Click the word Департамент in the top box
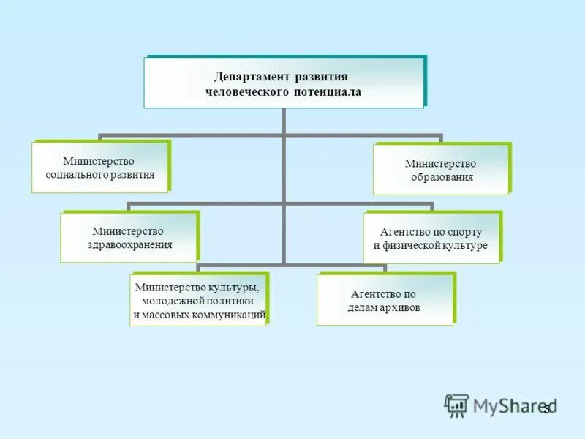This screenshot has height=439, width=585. click(251, 76)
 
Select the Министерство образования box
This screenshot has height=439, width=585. click(440, 170)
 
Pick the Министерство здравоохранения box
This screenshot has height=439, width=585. click(128, 237)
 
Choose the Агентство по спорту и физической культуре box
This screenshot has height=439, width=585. click(431, 238)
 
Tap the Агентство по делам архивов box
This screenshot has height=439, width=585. click(385, 300)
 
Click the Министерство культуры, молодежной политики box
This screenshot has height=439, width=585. click(197, 301)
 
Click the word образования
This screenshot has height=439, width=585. click(440, 177)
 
